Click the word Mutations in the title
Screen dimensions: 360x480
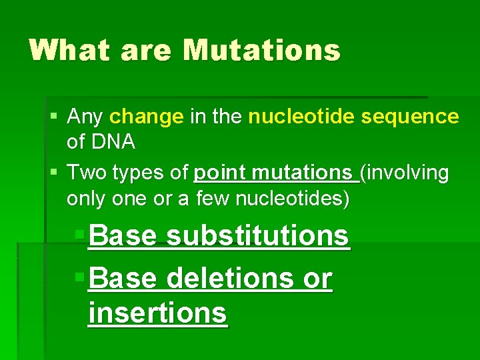[261, 50]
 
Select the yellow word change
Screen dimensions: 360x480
[146, 117]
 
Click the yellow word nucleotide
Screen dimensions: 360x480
[301, 117]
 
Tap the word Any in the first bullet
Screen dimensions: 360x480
[85, 117]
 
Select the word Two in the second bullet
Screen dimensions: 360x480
[85, 173]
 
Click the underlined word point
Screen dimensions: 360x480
[219, 173]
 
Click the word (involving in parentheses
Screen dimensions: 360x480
[405, 173]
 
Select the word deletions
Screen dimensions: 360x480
[230, 279]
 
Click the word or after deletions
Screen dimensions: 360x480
[317, 279]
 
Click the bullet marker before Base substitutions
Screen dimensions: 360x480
[79, 235]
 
